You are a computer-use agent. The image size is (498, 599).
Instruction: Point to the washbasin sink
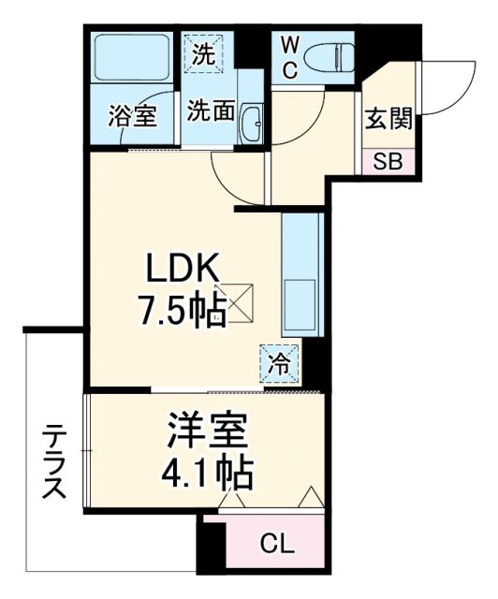250,121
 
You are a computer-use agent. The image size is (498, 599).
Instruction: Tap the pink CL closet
275,543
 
